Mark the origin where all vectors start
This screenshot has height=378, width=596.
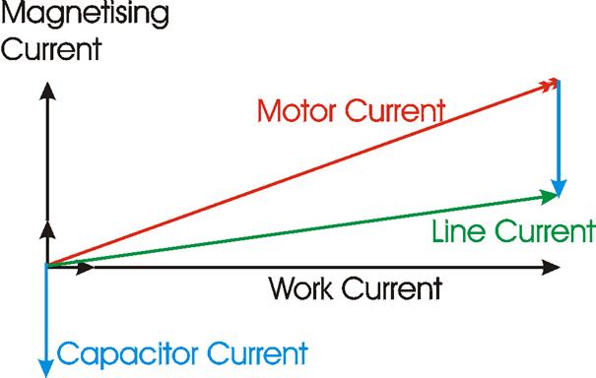[45, 266]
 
